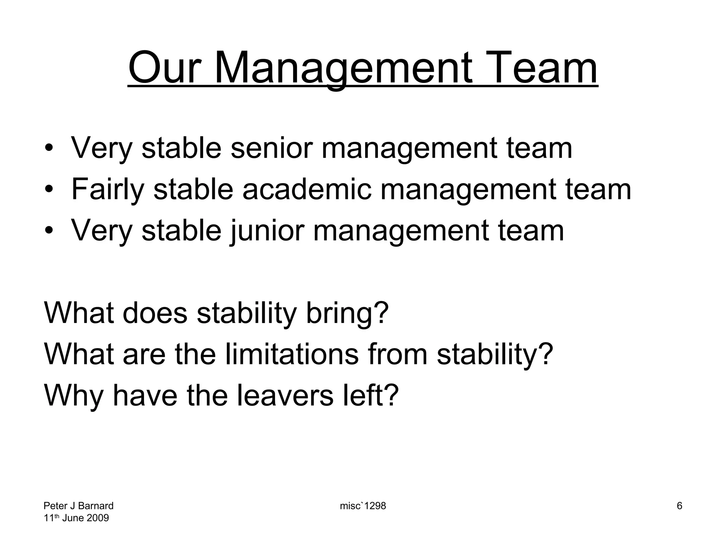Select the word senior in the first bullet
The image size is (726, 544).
coord(272,148)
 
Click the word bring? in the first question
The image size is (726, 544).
coord(347,313)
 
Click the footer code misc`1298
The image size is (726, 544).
coord(363,506)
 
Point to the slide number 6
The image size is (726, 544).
coord(679,506)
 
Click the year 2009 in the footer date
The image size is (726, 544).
coord(97,518)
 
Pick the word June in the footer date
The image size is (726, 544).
coord(73,518)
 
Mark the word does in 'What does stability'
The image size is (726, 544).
coord(155,313)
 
